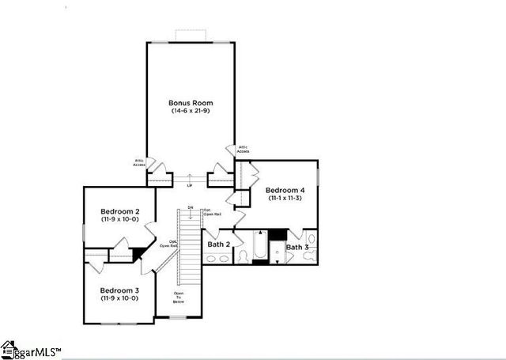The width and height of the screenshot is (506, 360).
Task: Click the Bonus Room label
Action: click(191, 103)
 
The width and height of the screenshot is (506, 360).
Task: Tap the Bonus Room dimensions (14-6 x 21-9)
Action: click(191, 112)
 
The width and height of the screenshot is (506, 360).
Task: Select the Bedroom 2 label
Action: click(120, 211)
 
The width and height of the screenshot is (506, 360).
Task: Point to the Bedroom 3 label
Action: click(119, 290)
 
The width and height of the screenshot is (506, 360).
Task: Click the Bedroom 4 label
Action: click(285, 190)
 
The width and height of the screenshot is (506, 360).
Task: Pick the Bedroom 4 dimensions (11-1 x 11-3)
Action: click(285, 199)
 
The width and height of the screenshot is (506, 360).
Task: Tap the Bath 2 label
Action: click(218, 244)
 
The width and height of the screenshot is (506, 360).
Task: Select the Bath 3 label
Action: click(298, 248)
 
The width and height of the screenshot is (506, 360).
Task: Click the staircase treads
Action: click(189, 253)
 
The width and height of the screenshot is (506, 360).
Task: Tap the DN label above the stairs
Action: click(190, 207)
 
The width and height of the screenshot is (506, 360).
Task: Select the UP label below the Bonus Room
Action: click(189, 185)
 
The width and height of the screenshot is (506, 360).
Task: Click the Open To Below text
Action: click(179, 298)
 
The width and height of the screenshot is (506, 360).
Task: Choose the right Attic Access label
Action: click(243, 148)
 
